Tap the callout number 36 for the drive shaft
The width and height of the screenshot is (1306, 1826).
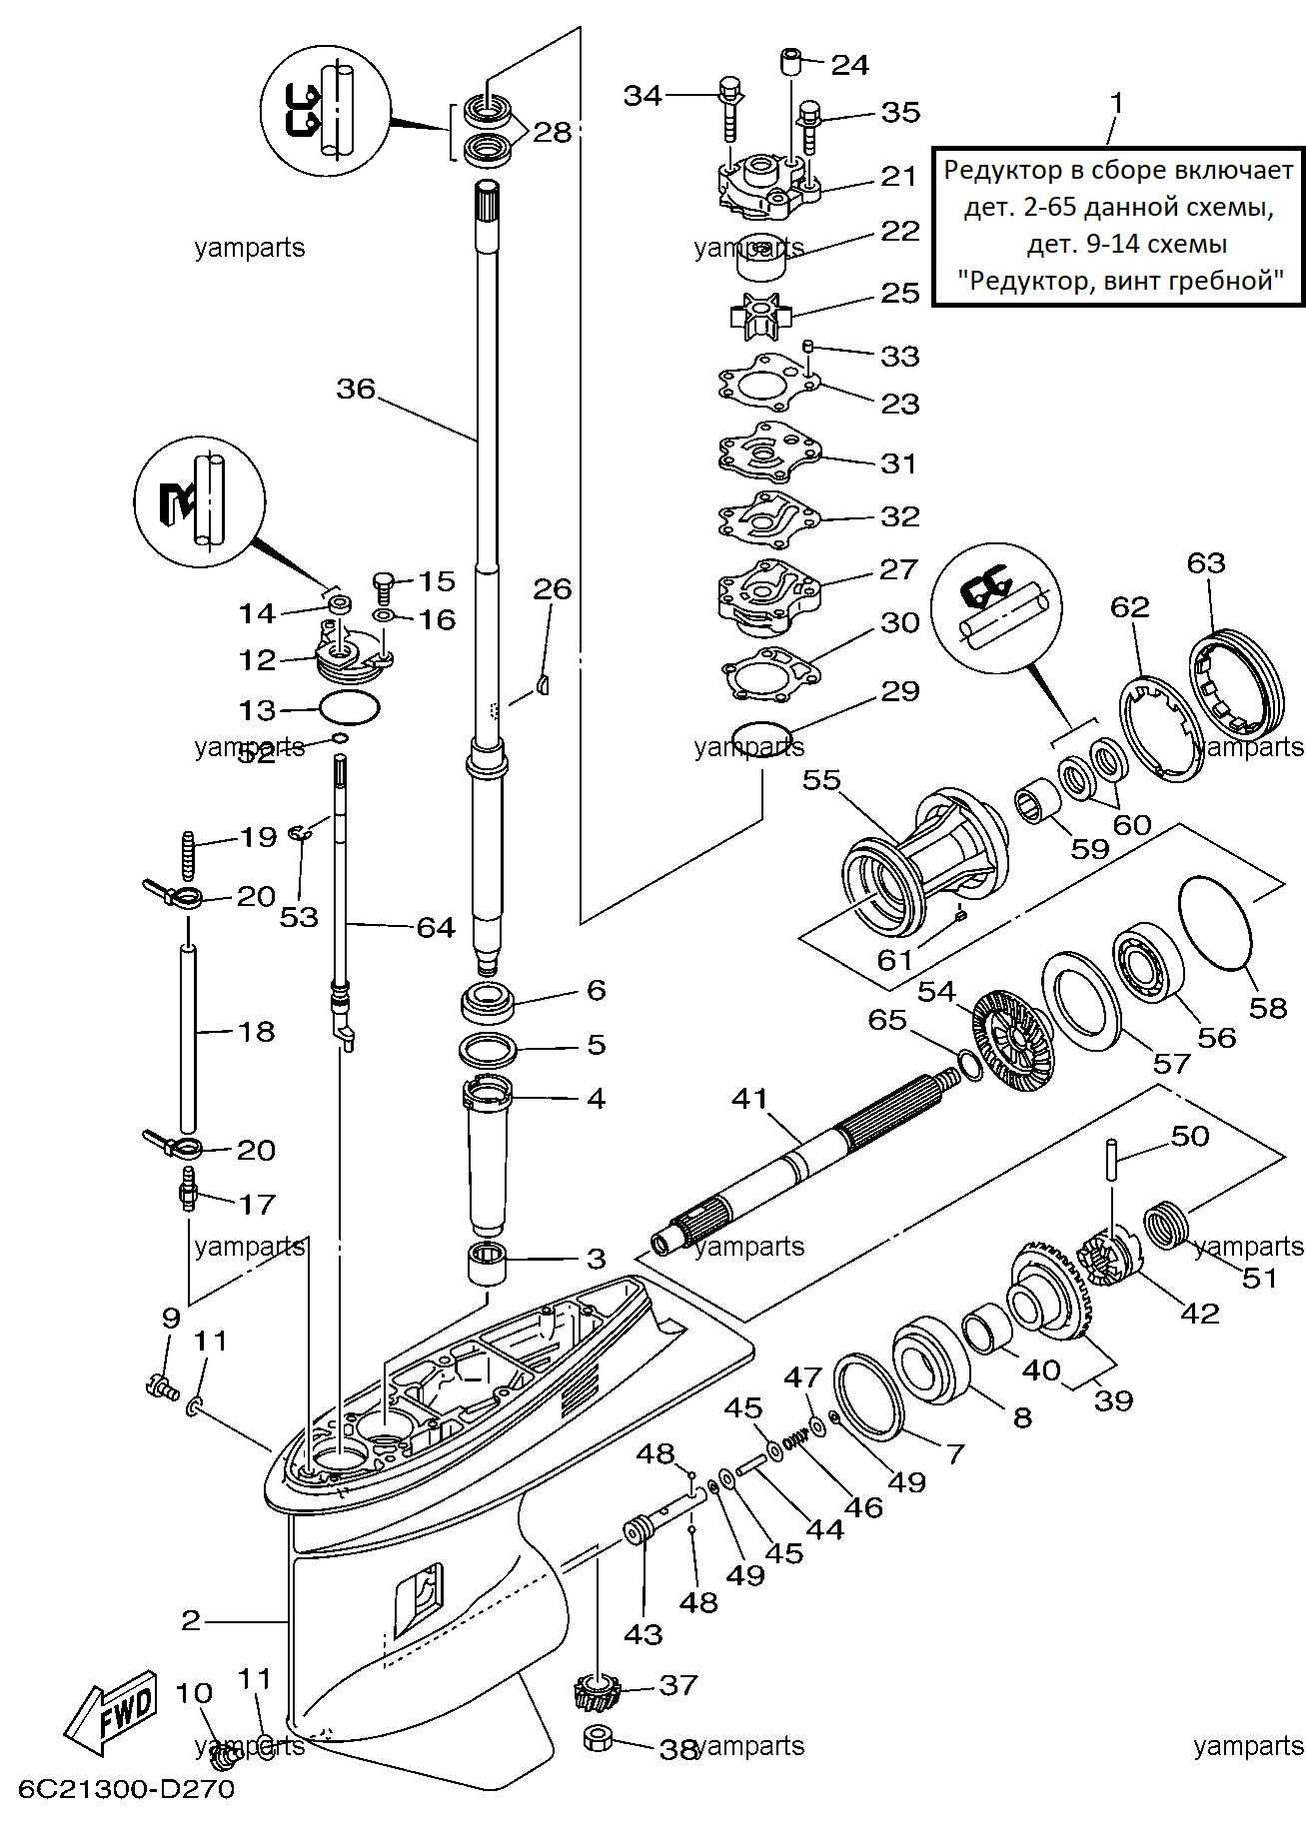(x=356, y=389)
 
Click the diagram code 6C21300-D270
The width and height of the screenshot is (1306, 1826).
(x=126, y=1788)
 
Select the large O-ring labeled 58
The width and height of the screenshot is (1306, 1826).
(x=1215, y=922)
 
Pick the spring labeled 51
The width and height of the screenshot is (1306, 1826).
(x=1166, y=1226)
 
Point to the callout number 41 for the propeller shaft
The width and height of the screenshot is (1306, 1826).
(x=750, y=1099)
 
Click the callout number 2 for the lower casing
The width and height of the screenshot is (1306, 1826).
(x=191, y=1619)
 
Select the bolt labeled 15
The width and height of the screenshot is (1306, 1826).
(x=385, y=586)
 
